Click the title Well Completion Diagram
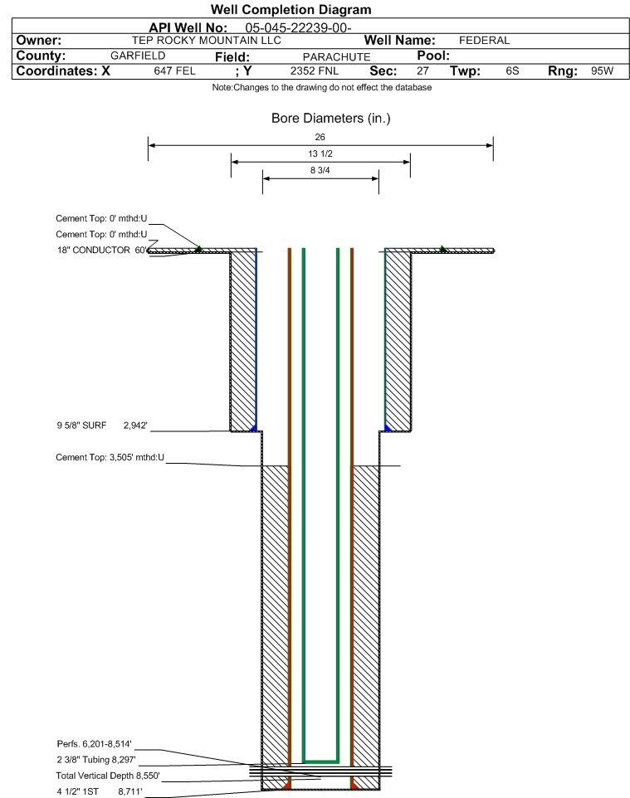pyautogui.click(x=291, y=10)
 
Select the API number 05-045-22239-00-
pyautogui.click(x=299, y=28)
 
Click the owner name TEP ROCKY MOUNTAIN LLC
pyautogui.click(x=207, y=41)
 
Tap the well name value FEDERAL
pyautogui.click(x=484, y=41)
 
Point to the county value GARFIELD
pyautogui.click(x=138, y=56)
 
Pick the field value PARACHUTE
pyautogui.click(x=337, y=57)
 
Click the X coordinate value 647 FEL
pyautogui.click(x=174, y=71)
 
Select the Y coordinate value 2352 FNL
pyautogui.click(x=315, y=71)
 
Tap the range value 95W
pyautogui.click(x=602, y=71)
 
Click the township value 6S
pyautogui.click(x=512, y=71)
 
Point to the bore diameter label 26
pyautogui.click(x=320, y=137)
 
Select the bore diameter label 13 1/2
pyautogui.click(x=320, y=153)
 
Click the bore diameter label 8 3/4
pyautogui.click(x=320, y=171)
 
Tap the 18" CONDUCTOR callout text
pyautogui.click(x=94, y=251)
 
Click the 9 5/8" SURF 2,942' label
pyautogui.click(x=102, y=426)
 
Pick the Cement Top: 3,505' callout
pyautogui.click(x=110, y=458)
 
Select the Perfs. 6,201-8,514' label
pyautogui.click(x=95, y=744)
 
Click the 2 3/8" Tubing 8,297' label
pyautogui.click(x=96, y=760)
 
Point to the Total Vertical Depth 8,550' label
pyautogui.click(x=108, y=776)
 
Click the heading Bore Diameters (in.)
pyautogui.click(x=331, y=119)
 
